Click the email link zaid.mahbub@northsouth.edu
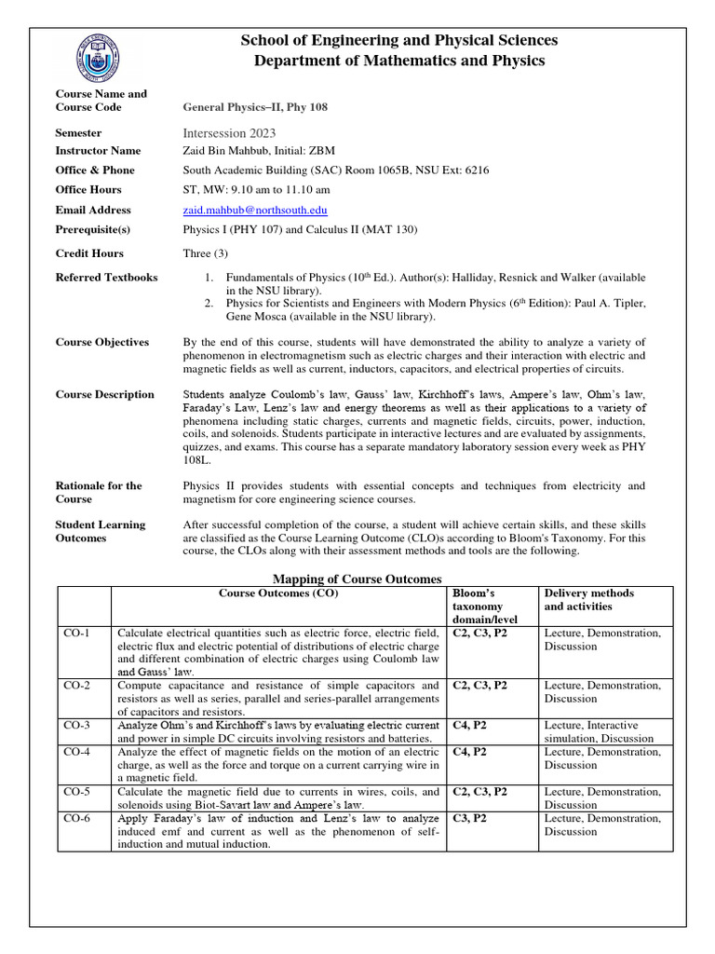click(255, 211)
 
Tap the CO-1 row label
click(77, 634)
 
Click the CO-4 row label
click(77, 752)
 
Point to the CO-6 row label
click(77, 819)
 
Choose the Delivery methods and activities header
click(588, 600)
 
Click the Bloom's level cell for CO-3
click(469, 725)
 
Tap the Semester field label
click(78, 133)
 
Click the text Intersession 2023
click(230, 133)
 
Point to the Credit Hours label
click(89, 253)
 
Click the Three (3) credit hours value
click(206, 253)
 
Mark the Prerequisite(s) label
click(93, 229)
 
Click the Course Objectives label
click(102, 342)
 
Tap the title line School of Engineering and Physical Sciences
click(399, 40)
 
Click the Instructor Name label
click(99, 151)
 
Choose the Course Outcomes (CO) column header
click(278, 593)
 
